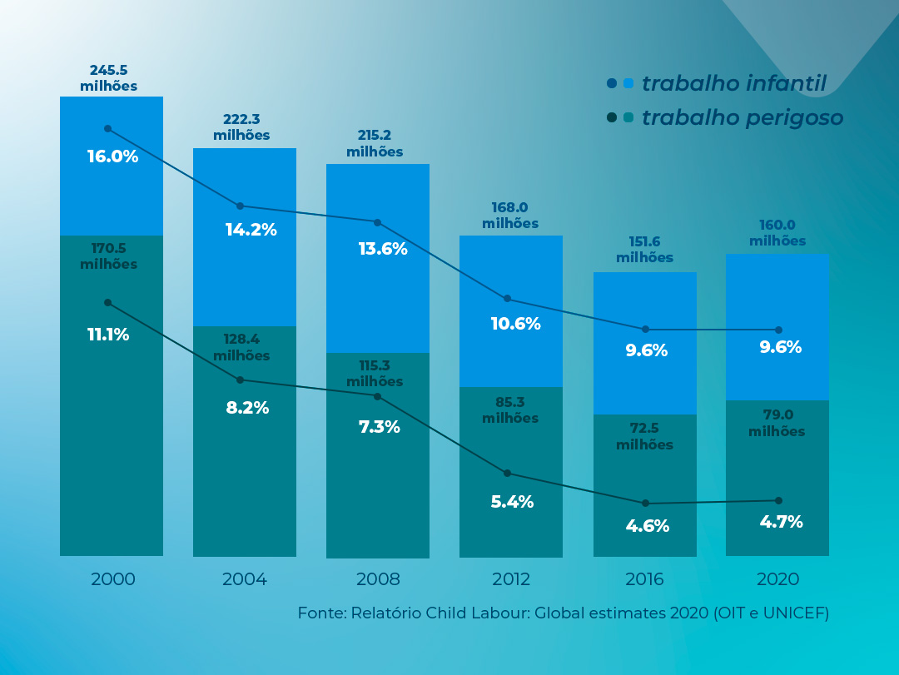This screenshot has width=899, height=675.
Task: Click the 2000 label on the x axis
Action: [x=112, y=579]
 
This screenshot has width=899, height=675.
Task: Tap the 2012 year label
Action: [x=511, y=579]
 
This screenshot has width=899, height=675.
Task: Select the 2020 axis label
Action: [x=777, y=579]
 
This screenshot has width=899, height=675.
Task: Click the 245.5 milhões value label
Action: [x=109, y=78]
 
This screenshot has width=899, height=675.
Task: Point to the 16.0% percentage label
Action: [x=112, y=156]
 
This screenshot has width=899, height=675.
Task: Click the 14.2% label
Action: [x=251, y=230]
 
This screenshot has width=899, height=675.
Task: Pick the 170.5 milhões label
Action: [x=109, y=256]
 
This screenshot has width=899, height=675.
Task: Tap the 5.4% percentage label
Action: [x=512, y=502]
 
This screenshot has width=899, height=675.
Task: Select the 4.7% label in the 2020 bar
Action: [x=781, y=522]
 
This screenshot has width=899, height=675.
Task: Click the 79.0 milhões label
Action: [x=777, y=423]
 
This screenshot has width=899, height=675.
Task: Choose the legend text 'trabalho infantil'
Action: [x=733, y=83]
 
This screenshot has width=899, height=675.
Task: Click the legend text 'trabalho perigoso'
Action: [x=743, y=117]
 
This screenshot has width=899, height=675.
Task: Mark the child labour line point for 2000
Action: [x=107, y=128]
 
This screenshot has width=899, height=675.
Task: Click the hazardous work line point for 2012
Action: [x=507, y=473]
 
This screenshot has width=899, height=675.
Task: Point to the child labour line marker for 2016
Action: [x=645, y=330]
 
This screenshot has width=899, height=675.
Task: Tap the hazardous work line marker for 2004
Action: [x=241, y=380]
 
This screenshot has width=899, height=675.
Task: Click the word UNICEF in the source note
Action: [x=794, y=613]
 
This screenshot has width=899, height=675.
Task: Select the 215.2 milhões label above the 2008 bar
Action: [x=375, y=144]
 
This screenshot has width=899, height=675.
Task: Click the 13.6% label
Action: [x=382, y=248]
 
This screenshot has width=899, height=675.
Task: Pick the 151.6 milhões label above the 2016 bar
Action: [x=645, y=250]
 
